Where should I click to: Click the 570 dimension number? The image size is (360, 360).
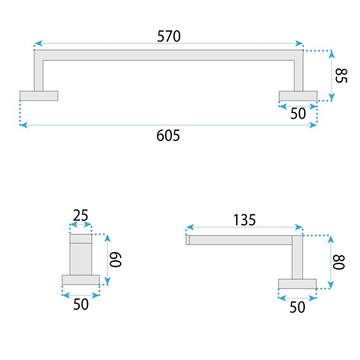169,36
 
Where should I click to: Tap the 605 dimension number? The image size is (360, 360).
168,135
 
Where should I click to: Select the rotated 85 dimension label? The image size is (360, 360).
341,76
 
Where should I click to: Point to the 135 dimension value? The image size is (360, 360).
244,220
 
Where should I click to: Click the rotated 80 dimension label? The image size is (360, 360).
338,262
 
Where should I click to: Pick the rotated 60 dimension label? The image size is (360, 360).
115,260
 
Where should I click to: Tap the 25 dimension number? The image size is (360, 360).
81,215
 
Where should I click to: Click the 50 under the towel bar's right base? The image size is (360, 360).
298,114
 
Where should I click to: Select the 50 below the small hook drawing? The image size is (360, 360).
81,304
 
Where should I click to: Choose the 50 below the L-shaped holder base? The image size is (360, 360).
297,307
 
